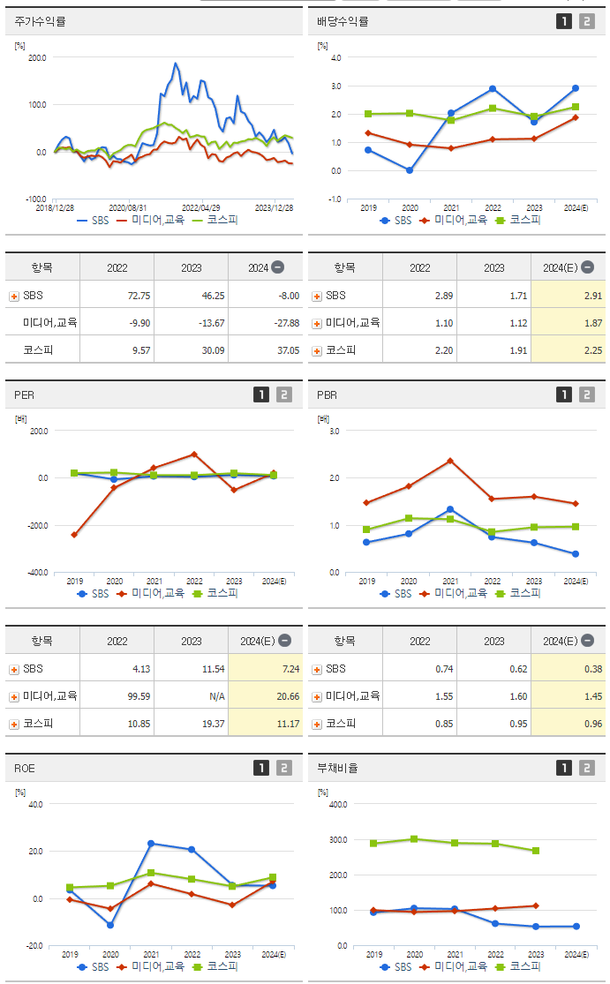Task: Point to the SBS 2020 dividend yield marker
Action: pos(410,170)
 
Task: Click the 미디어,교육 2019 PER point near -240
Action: pos(73,535)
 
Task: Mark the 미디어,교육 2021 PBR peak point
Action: pos(450,461)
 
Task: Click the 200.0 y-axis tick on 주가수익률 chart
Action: pos(37,57)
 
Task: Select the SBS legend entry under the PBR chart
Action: pos(396,593)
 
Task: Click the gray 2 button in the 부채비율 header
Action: pos(586,768)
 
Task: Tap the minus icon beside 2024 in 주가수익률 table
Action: pos(277,267)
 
